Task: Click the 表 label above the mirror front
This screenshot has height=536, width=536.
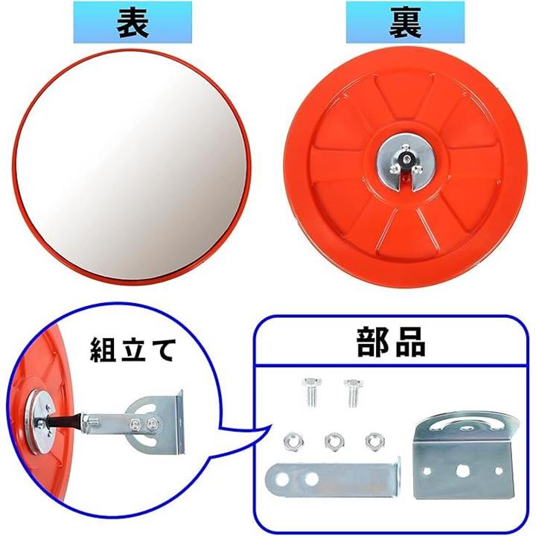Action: click(133, 22)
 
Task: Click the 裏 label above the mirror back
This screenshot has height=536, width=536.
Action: click(405, 22)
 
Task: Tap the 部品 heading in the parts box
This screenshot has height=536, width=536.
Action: click(391, 342)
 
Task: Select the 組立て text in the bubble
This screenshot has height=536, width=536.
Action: click(133, 350)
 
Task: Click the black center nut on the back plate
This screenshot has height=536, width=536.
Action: click(406, 159)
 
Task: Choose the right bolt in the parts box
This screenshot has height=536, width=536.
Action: click(353, 393)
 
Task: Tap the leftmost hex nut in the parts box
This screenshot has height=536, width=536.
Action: click(292, 441)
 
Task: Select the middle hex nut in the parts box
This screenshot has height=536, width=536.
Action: click(334, 441)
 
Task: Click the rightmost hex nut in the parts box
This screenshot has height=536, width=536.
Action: click(374, 441)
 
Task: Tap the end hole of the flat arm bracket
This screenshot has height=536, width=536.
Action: click(282, 479)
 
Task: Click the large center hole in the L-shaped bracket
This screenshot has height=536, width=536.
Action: click(463, 472)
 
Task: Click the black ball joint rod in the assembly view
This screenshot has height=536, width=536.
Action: click(64, 420)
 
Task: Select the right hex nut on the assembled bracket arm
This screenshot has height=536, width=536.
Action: click(152, 424)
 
